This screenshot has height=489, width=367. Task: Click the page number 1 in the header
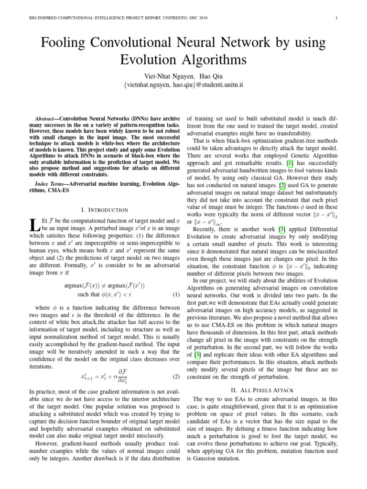pyautogui.click(x=337, y=18)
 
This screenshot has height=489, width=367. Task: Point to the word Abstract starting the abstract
pyautogui.click(x=47, y=118)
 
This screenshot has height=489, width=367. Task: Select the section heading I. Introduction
pyautogui.click(x=105, y=210)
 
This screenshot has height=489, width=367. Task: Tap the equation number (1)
pyautogui.click(x=175, y=294)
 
